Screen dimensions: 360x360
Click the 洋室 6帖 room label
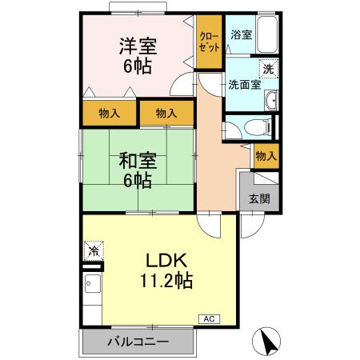point(138,55)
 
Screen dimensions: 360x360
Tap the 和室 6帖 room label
point(138,170)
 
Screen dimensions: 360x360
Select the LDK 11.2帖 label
point(166,270)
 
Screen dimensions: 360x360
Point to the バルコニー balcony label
point(138,342)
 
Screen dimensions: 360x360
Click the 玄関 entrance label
point(258,199)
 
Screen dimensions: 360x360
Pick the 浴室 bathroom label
point(241,34)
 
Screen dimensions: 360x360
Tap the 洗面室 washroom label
point(244,84)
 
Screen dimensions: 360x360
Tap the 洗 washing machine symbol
point(270,69)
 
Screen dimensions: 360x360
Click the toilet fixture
point(254,126)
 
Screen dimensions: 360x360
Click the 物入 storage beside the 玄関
point(266,156)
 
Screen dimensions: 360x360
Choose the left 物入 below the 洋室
point(110,114)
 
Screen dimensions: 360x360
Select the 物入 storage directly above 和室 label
point(166,114)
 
